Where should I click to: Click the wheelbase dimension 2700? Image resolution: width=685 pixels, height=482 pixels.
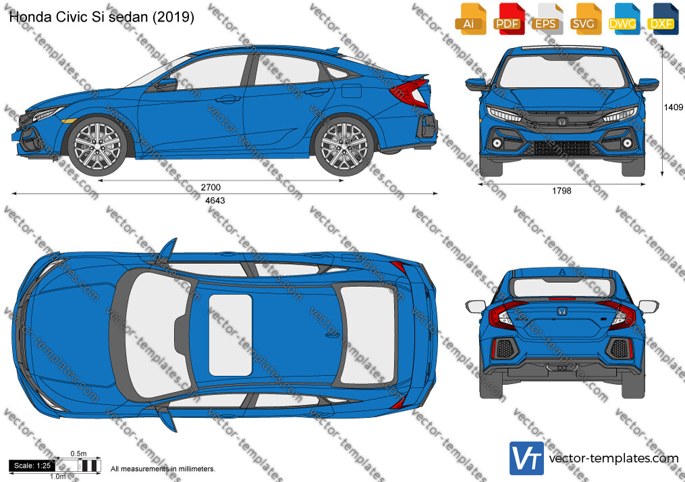click(211, 187)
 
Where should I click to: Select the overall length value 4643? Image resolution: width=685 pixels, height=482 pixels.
click(215, 200)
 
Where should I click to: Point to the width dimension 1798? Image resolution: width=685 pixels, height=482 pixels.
click(561, 191)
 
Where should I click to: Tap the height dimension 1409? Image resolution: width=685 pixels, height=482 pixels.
click(674, 107)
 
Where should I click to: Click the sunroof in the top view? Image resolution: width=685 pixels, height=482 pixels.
click(230, 335)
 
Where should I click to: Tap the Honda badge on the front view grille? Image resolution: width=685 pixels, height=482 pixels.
click(561, 121)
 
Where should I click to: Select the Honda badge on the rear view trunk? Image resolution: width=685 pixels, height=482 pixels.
click(561, 311)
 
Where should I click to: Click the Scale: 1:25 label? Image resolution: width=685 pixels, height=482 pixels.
click(32, 466)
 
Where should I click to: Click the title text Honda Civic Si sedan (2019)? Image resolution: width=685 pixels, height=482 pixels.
click(101, 17)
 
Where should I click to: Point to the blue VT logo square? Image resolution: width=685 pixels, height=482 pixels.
click(527, 458)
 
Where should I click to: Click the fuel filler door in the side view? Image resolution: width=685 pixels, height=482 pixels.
click(351, 90)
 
